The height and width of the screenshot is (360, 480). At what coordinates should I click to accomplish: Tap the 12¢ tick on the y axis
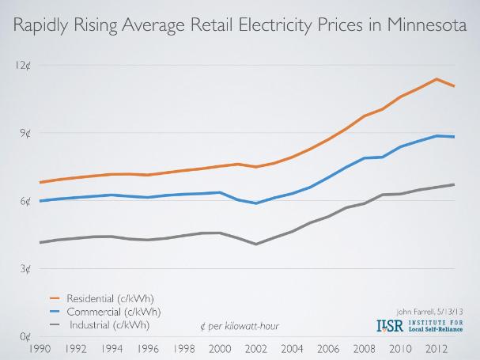(x=21, y=64)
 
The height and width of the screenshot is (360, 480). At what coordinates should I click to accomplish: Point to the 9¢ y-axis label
(x=25, y=133)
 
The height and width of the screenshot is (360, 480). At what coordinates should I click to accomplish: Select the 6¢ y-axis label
(x=25, y=201)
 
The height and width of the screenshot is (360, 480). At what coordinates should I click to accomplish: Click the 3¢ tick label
(x=25, y=269)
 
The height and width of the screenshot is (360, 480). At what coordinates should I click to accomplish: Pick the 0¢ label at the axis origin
(x=25, y=338)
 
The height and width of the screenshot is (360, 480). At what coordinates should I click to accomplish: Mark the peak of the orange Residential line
(x=437, y=79)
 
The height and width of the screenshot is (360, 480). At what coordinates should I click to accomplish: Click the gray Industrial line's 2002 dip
(x=255, y=244)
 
